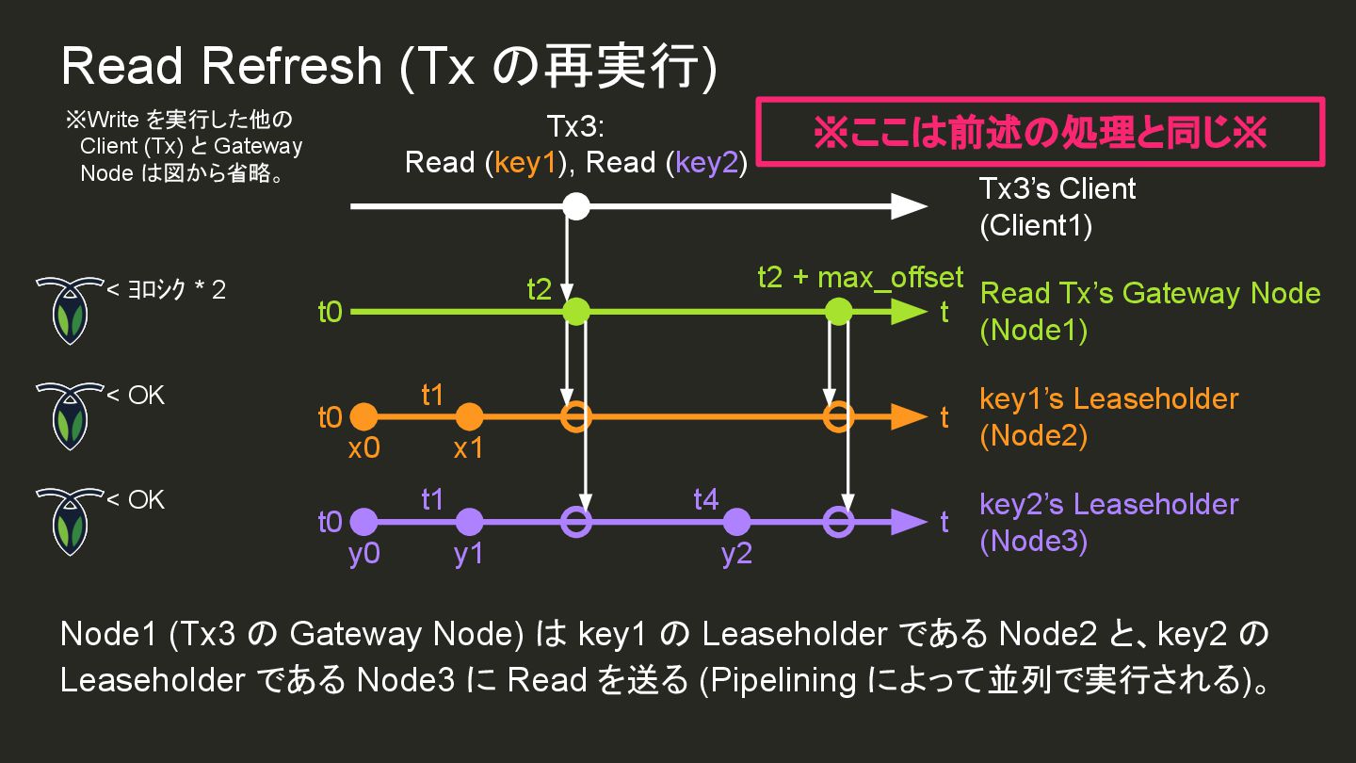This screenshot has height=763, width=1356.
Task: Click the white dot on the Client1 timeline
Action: coord(576,205)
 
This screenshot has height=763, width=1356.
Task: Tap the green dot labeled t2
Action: coord(576,311)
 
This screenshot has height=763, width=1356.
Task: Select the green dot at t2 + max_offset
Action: coord(837,311)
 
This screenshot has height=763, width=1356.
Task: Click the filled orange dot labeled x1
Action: coord(468,416)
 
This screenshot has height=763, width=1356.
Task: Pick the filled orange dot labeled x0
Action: coord(363,416)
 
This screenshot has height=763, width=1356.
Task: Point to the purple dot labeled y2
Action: coord(736,521)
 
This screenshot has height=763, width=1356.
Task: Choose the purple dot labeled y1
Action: coord(468,521)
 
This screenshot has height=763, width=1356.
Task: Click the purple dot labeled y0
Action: coord(363,521)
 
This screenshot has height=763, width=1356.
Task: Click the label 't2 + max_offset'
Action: coord(860,277)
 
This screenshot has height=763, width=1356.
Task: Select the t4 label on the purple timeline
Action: coord(706,498)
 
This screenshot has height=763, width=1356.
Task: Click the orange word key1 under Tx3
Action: coord(527,163)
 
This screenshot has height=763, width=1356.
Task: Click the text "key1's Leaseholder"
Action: coord(1108,398)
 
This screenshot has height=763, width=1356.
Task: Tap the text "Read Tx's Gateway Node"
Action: coord(1150,293)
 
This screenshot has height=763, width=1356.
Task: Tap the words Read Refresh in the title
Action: coord(221,66)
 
